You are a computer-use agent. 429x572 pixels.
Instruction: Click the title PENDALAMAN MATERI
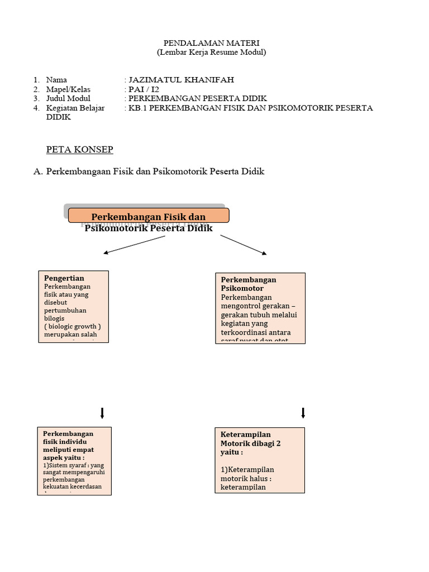pyautogui.click(x=211, y=43)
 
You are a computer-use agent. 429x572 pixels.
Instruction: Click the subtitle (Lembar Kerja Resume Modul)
pyautogui.click(x=211, y=53)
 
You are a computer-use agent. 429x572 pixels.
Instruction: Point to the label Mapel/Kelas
pyautogui.click(x=68, y=89)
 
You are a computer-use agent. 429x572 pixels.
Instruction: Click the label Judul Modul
pyautogui.click(x=68, y=98)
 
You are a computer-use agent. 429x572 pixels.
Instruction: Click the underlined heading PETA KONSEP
pyautogui.click(x=79, y=150)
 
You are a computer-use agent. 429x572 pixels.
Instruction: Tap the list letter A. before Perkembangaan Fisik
pyautogui.click(x=38, y=171)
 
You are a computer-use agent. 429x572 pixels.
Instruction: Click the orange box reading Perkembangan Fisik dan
pyautogui.click(x=149, y=216)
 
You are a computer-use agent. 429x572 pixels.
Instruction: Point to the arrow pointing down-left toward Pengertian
pyautogui.click(x=134, y=245)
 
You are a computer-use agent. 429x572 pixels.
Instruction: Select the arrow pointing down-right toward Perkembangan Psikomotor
pyautogui.click(x=244, y=245)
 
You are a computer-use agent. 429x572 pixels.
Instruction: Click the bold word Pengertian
pyautogui.click(x=64, y=278)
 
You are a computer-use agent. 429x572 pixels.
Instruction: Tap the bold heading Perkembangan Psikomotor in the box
pyautogui.click(x=249, y=284)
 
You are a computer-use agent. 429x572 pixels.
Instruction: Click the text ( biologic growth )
pyautogui.click(x=72, y=326)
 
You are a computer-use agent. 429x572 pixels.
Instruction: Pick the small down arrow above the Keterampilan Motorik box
pyautogui.click(x=303, y=413)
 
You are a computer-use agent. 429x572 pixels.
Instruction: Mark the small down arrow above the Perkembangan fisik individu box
pyautogui.click(x=102, y=413)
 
